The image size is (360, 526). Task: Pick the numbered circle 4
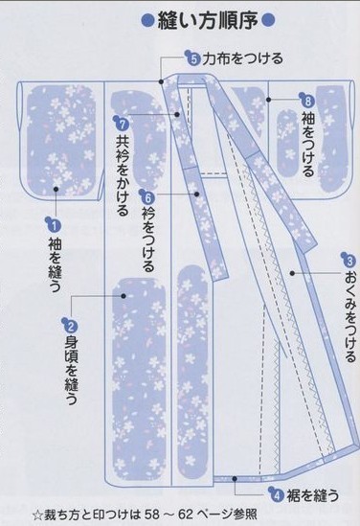click(276, 494)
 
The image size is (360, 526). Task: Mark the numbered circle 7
click(122, 123)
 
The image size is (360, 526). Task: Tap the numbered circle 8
click(307, 101)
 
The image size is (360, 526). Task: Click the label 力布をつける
click(243, 59)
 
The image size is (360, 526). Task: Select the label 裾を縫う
click(313, 494)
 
